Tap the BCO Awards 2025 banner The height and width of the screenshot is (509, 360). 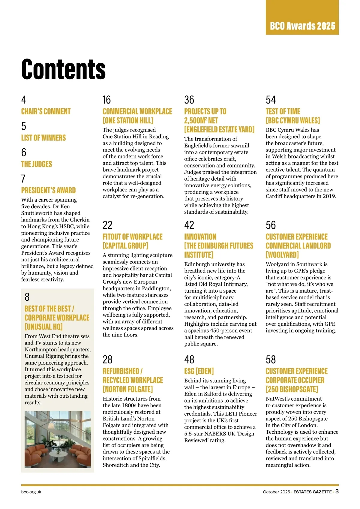(x=302, y=26)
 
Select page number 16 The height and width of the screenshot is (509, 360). (x=106, y=100)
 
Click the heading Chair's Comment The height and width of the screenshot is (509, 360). (x=46, y=112)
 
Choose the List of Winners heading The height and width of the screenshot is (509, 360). (x=43, y=138)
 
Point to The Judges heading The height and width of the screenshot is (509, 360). (x=37, y=164)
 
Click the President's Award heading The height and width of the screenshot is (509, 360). (x=48, y=190)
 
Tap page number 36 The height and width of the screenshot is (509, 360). (x=189, y=100)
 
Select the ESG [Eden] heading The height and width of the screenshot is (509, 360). (x=199, y=371)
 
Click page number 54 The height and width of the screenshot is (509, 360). (x=271, y=100)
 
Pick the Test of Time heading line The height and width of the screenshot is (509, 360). (x=283, y=112)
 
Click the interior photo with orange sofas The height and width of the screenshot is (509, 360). (x=58, y=439)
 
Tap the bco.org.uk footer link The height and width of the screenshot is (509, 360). (x=31, y=492)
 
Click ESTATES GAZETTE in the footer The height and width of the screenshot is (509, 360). (x=313, y=492)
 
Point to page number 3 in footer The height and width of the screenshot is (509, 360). (x=337, y=491)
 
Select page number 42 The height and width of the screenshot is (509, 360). (x=189, y=225)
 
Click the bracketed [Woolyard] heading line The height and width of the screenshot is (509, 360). (x=282, y=255)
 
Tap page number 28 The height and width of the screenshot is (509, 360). (x=107, y=360)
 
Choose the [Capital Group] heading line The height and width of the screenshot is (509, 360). (x=125, y=246)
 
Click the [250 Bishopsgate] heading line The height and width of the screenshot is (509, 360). (x=292, y=389)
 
